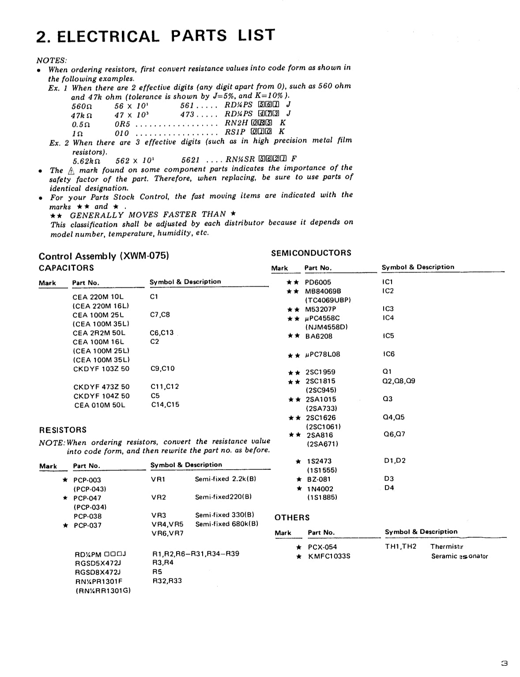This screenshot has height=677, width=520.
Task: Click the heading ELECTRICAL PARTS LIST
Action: click(x=155, y=35)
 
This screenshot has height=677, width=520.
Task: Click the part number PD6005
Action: click(x=318, y=282)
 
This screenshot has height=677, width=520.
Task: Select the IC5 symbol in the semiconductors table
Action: click(x=388, y=336)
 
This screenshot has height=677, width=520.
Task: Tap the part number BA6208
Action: click(x=319, y=336)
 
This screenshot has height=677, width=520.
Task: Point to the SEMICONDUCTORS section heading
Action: click(x=311, y=253)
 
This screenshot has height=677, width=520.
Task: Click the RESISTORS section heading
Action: click(x=63, y=430)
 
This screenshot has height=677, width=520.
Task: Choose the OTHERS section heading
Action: click(x=292, y=517)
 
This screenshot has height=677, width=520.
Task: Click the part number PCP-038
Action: click(x=87, y=516)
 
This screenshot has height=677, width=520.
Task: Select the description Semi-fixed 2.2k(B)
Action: click(x=226, y=479)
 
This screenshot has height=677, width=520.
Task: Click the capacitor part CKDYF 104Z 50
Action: click(x=102, y=396)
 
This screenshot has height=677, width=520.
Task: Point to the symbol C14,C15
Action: click(x=165, y=404)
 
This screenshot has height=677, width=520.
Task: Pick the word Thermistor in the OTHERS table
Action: click(x=447, y=547)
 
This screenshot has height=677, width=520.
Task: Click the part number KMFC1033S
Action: click(x=329, y=556)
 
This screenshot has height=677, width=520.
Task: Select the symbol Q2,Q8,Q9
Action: click(x=399, y=380)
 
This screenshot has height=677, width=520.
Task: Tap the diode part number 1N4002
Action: click(x=320, y=489)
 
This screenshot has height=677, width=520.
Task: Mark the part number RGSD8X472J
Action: click(x=98, y=572)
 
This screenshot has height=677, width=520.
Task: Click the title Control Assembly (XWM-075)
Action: click(x=104, y=256)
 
